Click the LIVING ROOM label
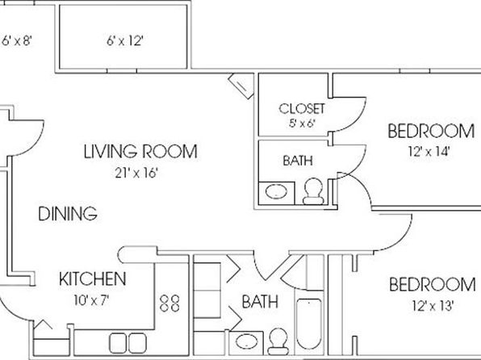click(140, 151)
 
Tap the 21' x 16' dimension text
click(136, 173)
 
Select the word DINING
click(68, 214)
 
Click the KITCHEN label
click(92, 278)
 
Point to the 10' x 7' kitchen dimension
click(91, 300)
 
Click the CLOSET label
click(302, 109)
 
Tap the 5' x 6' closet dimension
click(302, 123)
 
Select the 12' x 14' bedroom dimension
click(429, 151)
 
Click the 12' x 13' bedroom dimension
click(433, 306)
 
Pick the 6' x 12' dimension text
click(125, 40)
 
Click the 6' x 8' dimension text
click(17, 40)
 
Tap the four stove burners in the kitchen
click(169, 303)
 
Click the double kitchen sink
click(128, 343)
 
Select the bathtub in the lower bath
click(309, 324)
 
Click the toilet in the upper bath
click(313, 191)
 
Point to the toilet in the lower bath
click(278, 341)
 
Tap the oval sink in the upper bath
click(276, 192)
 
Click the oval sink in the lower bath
click(246, 341)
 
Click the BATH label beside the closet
click(298, 161)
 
